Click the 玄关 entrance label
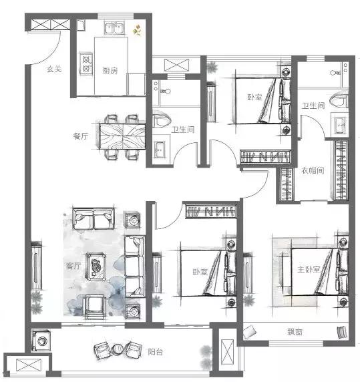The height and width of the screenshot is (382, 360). coord(54,69)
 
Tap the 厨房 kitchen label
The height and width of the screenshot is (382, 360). coord(110,71)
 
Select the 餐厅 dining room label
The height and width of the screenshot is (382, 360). coord(81,136)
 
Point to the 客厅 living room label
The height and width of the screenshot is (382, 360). coord(73,266)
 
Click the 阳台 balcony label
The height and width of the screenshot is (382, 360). coord(156,352)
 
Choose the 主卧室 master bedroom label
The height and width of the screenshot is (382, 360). coord(309,269)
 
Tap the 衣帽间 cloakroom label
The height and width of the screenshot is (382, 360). coord(313,170)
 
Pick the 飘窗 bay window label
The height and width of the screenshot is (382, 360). coord(295,332)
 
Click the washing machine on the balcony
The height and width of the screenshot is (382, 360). coord(41,341)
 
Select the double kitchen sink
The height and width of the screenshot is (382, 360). coord(114,28)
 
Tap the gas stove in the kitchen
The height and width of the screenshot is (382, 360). coord(86,63)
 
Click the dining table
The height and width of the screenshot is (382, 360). coord(122,136)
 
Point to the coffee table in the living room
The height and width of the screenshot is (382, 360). coord(96,266)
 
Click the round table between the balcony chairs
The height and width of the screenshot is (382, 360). coord(118,349)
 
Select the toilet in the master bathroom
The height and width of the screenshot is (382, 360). coord(339,100)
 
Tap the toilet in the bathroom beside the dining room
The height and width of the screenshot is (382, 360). coord(162,120)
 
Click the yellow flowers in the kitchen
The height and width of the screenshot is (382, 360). coord(137,30)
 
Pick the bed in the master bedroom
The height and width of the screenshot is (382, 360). coord(319,272)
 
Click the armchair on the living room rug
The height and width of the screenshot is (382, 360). coord(94,307)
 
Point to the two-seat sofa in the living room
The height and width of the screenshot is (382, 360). coord(94,219)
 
